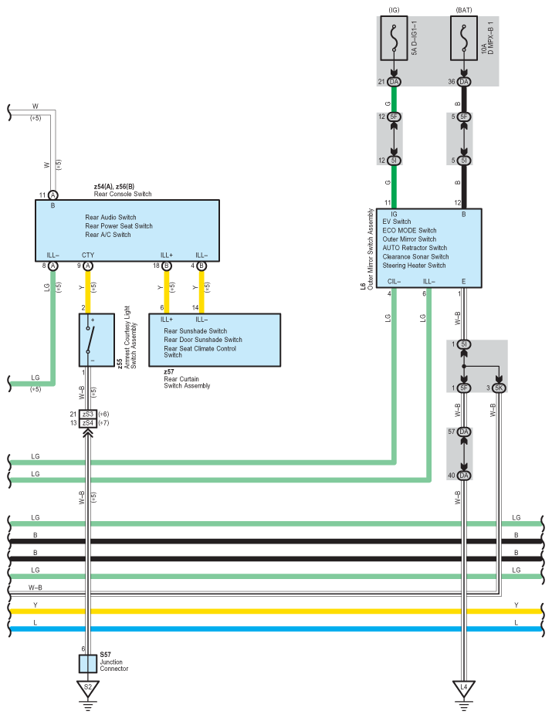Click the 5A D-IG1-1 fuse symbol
point(394,39)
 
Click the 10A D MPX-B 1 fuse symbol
point(464,39)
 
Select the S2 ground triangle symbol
point(88,688)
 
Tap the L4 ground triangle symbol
point(464,688)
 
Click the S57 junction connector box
point(88,663)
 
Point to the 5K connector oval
point(499,388)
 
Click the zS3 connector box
point(88,414)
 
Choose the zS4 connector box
point(88,422)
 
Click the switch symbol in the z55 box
point(90,340)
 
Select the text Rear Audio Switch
point(110,217)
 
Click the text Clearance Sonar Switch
point(415,256)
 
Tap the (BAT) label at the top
point(464,10)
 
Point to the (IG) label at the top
point(394,10)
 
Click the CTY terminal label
point(88,255)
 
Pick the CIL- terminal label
point(394,281)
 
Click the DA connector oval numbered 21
point(394,82)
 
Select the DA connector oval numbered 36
point(464,82)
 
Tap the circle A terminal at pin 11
point(53,195)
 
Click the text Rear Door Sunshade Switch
point(203,339)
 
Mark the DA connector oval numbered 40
point(464,476)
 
